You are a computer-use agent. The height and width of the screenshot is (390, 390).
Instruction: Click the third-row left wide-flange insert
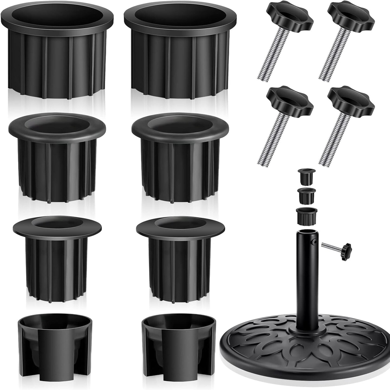coord(57,255)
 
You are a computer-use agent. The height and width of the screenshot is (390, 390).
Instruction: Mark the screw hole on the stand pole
coord(314,242)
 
